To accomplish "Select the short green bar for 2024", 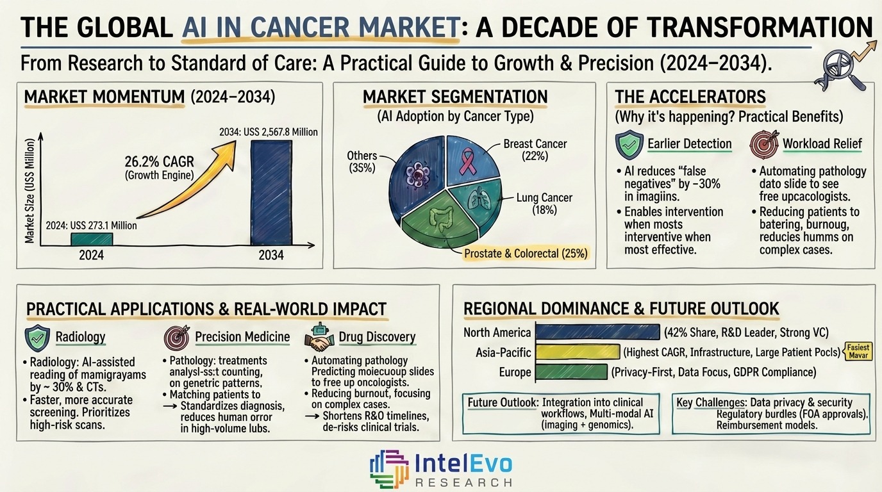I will (x=92, y=239).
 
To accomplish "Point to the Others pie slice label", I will (x=362, y=162).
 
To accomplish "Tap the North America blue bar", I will (x=597, y=332).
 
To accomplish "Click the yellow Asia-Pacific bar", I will (x=578, y=352).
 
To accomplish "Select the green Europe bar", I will (x=570, y=372).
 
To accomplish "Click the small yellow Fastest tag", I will (x=858, y=350).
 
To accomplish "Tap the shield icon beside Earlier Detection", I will (x=628, y=145).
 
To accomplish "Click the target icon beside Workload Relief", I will (x=763, y=145).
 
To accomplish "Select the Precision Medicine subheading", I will (x=242, y=337).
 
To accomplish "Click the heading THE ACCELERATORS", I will (x=690, y=97).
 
